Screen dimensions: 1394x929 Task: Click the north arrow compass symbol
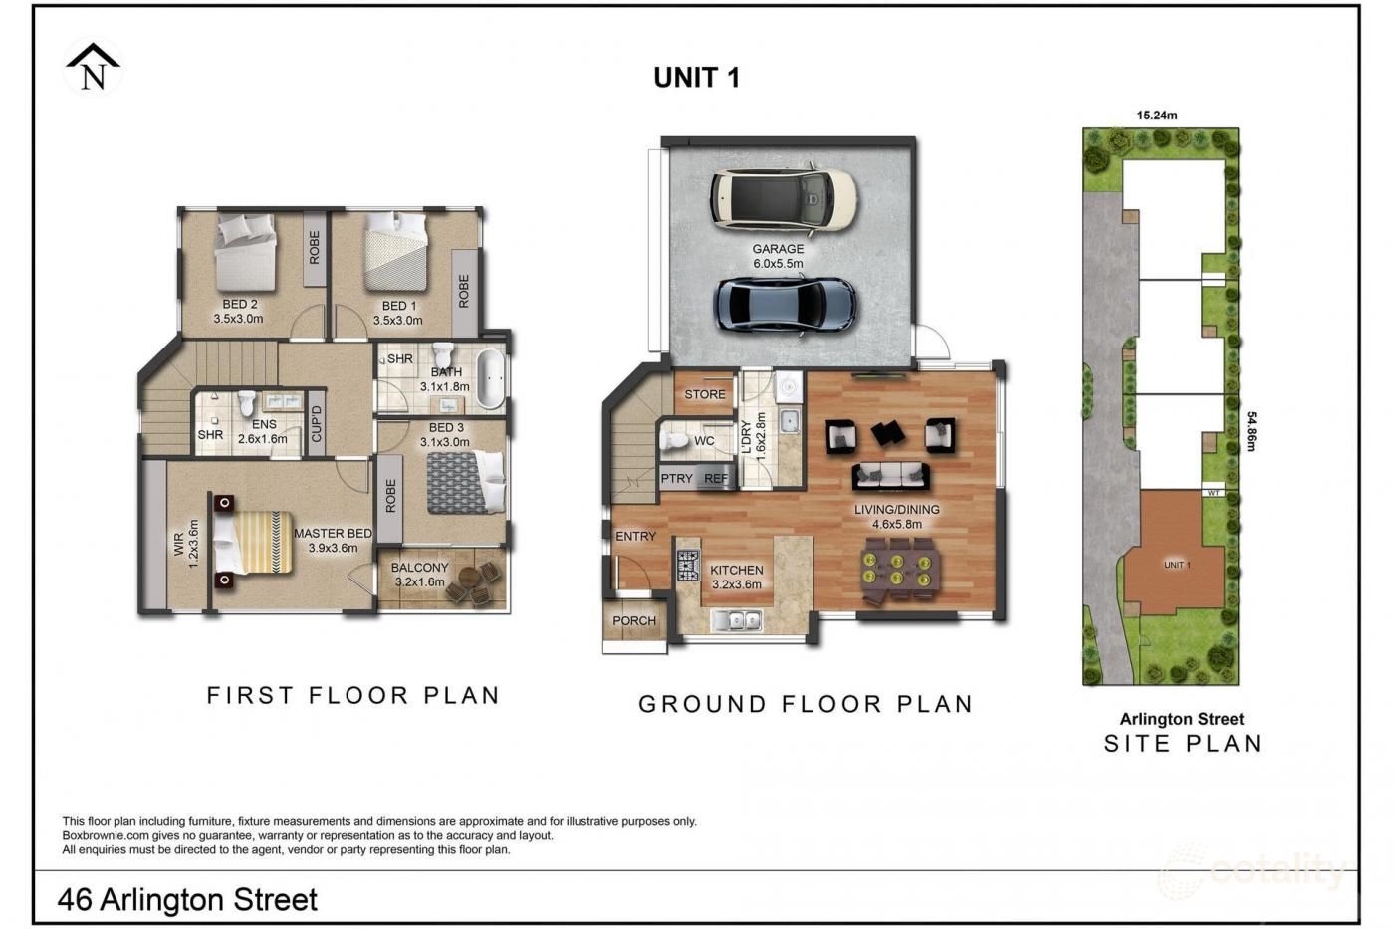(x=93, y=67)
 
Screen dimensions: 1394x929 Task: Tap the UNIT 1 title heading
(x=696, y=78)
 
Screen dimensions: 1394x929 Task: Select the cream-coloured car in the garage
(x=784, y=198)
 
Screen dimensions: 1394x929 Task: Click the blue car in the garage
(x=785, y=306)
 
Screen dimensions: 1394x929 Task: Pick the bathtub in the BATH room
(x=491, y=379)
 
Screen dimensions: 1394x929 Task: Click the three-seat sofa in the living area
(x=890, y=477)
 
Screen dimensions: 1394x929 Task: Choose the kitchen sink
(x=736, y=619)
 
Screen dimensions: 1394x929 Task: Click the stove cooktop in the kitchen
(x=688, y=566)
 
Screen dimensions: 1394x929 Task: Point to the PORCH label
(x=634, y=621)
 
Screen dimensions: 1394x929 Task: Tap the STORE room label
(x=705, y=394)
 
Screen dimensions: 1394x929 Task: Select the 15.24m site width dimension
(x=1157, y=116)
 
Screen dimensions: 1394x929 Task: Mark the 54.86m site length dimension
(x=1251, y=430)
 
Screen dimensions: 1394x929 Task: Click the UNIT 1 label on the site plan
(x=1177, y=565)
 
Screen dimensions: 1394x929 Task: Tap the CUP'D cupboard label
(x=317, y=423)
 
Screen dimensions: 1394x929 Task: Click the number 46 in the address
(x=74, y=900)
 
